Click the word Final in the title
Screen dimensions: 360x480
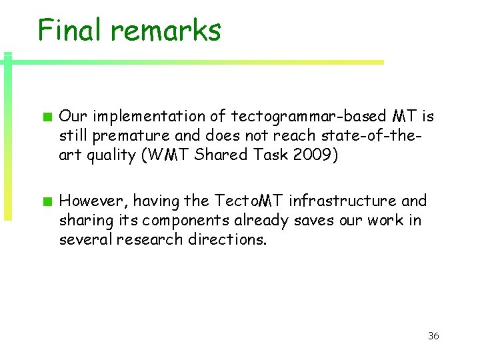pos(69,30)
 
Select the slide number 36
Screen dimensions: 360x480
pos(433,335)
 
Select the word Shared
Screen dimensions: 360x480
pos(235,155)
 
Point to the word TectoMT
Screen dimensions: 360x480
pos(249,201)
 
